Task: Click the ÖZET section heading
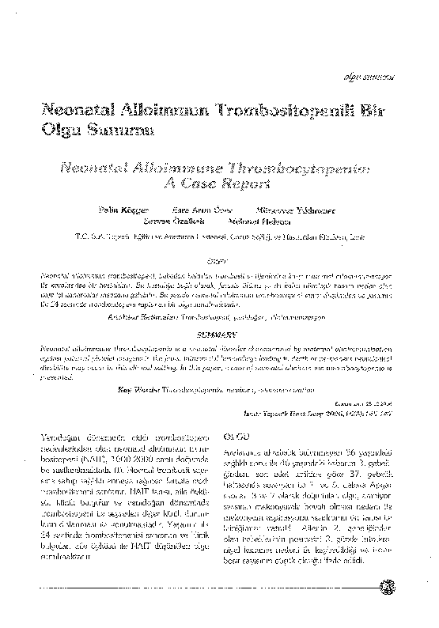(214, 259)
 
